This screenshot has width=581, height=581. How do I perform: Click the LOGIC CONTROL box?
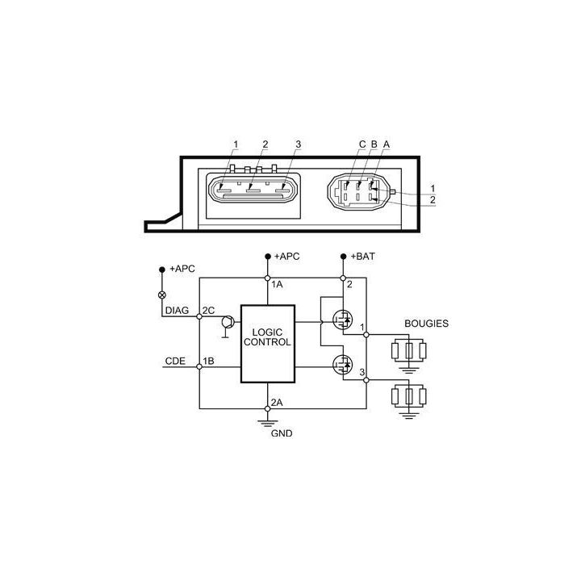(x=268, y=344)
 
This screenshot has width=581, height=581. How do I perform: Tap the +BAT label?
(x=362, y=257)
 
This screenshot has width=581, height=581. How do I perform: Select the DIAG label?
(x=177, y=310)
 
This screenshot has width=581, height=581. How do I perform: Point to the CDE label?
(x=175, y=361)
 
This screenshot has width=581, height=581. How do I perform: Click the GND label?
(x=282, y=433)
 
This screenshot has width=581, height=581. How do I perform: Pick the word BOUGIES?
(x=427, y=324)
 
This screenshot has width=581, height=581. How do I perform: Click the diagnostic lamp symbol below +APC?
(x=162, y=295)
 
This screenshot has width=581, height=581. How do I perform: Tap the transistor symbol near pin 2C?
(x=228, y=322)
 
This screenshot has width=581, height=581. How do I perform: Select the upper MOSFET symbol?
(x=343, y=320)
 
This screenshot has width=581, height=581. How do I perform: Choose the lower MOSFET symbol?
(x=343, y=364)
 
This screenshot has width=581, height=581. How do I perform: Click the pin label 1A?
(x=277, y=284)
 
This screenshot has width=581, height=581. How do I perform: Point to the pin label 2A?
(x=277, y=402)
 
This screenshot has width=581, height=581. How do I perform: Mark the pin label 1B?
(x=208, y=361)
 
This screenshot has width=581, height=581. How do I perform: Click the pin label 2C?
(x=209, y=310)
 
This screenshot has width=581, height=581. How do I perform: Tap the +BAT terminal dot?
(x=343, y=257)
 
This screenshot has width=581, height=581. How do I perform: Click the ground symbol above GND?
(x=268, y=423)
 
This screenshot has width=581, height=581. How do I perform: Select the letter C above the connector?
(x=362, y=144)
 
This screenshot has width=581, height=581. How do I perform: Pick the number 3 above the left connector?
(x=299, y=144)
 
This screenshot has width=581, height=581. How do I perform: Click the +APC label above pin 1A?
(x=286, y=257)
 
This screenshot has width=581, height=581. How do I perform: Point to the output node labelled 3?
(x=366, y=380)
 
